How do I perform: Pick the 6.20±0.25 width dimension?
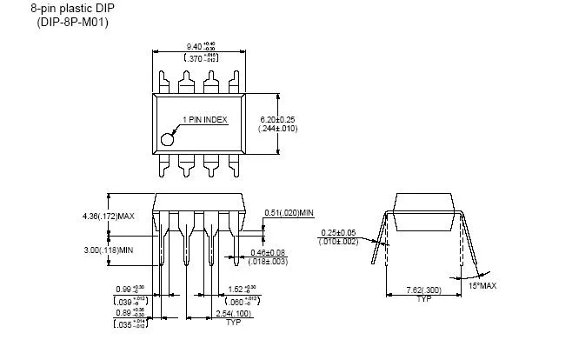[278, 118]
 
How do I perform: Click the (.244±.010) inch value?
[278, 129]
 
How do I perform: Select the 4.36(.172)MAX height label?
[103, 216]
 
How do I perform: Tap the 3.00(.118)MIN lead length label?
[103, 250]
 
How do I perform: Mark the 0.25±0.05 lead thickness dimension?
[339, 232]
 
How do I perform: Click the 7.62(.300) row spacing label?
[424, 290]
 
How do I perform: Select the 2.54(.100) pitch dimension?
[233, 313]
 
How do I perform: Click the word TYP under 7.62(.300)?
[423, 299]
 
